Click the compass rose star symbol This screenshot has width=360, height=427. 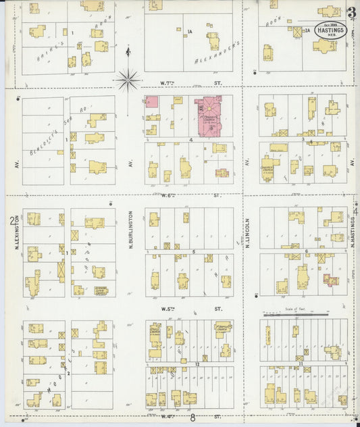pyautogui.click(x=128, y=80)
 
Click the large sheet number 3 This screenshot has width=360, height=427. pyautogui.click(x=351, y=12)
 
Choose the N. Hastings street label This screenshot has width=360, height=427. pyautogui.click(x=354, y=232)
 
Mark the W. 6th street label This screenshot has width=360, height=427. pyautogui.click(x=190, y=196)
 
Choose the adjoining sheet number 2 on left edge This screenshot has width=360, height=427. pyautogui.click(x=11, y=222)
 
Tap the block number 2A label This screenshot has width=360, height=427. pyautogui.click(x=307, y=30)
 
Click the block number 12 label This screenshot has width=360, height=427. pyautogui.click(x=197, y=364)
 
